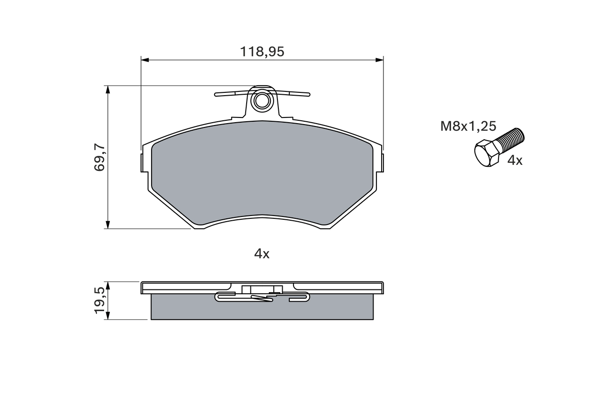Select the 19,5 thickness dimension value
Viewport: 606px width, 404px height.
99,300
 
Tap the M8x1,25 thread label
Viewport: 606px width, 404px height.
468,126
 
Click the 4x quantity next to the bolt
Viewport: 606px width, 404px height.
515,161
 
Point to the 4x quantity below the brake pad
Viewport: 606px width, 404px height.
262,254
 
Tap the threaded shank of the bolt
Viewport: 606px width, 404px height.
512,138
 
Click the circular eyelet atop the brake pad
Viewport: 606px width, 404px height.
262,100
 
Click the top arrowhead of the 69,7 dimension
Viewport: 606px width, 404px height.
108,90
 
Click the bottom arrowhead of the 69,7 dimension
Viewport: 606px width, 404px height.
108,224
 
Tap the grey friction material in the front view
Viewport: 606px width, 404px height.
262,171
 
